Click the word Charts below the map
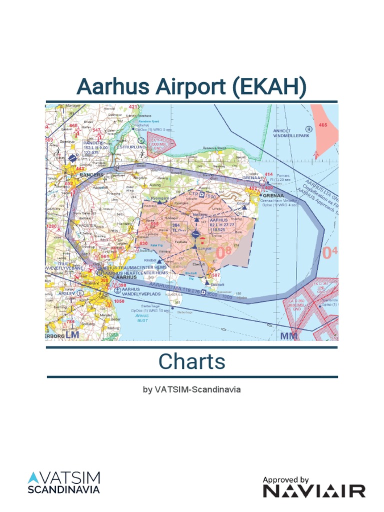192,361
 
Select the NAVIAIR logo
314,491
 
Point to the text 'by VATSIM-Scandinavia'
192,389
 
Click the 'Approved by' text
286,479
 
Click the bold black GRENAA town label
273,195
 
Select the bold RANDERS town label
91,175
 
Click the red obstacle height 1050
119,301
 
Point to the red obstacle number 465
322,125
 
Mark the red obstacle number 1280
52,226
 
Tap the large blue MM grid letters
289,335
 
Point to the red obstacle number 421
134,107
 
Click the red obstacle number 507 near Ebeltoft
216,275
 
